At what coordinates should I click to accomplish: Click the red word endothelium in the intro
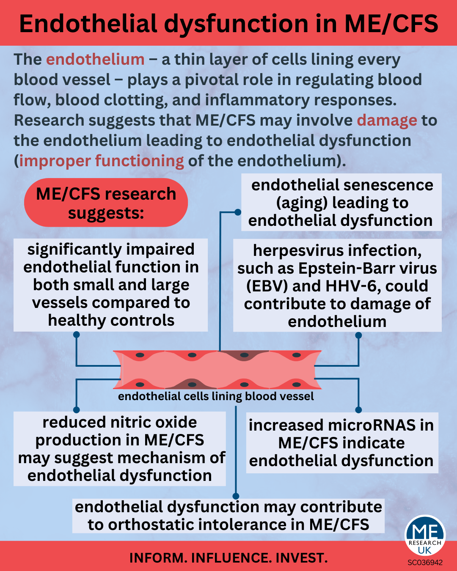point(95,60)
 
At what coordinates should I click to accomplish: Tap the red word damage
point(387,121)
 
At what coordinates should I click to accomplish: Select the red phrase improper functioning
point(102,161)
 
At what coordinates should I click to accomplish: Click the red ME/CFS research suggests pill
point(106,203)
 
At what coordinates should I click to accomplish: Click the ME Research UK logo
point(424,536)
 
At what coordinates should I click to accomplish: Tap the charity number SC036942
point(425,563)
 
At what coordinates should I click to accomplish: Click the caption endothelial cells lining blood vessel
point(216,396)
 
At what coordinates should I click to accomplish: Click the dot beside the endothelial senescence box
point(238,212)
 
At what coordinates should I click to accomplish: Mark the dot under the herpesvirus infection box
point(358,335)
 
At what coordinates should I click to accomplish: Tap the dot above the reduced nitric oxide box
point(77,409)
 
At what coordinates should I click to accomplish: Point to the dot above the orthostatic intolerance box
point(236,496)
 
